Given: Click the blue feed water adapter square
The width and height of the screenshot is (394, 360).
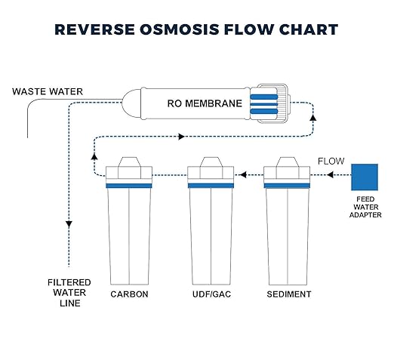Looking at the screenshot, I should (366, 177).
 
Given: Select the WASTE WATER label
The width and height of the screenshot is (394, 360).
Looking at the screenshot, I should (47, 92).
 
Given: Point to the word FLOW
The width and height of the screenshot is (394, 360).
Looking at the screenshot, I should (331, 161).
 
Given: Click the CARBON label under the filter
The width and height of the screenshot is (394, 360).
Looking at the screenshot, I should (129, 294).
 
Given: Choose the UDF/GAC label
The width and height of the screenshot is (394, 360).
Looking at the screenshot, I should (208, 294).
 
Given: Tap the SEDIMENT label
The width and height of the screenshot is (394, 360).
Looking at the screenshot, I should (288, 294).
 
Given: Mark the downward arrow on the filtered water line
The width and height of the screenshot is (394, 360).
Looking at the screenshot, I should (69, 224).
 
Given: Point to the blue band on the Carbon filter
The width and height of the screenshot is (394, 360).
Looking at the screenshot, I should (129, 184).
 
